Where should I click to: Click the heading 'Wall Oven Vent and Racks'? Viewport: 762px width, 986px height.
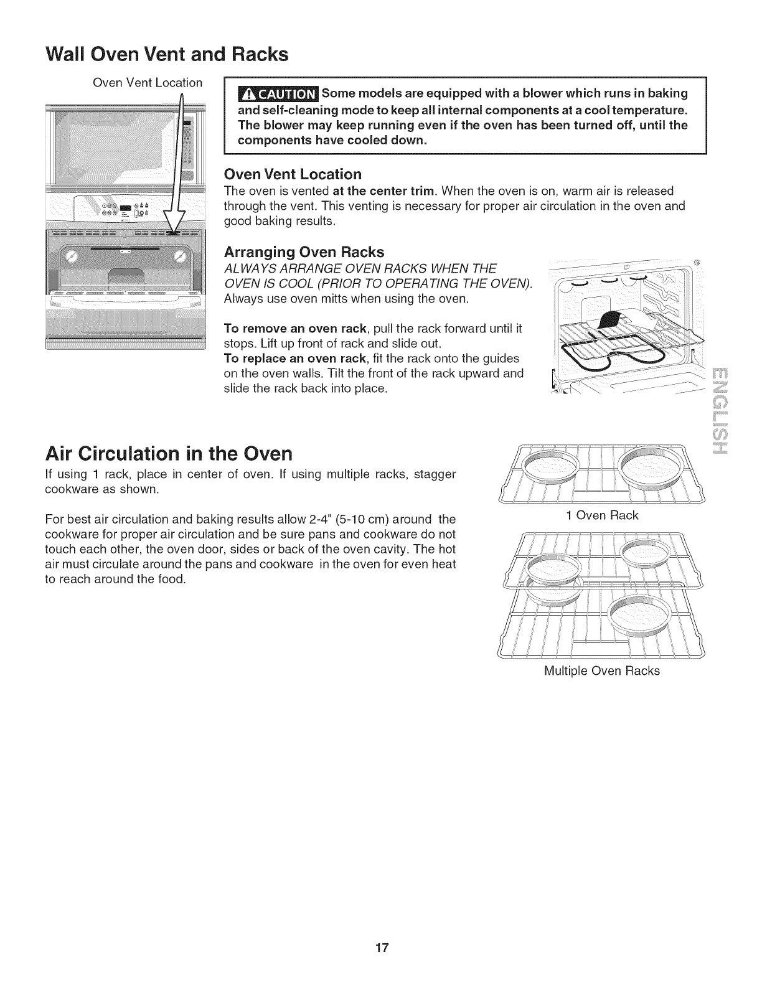pyautogui.click(x=167, y=54)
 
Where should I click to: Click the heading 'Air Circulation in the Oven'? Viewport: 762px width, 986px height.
pyautogui.click(x=169, y=452)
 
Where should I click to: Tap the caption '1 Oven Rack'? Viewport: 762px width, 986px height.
pyautogui.click(x=602, y=515)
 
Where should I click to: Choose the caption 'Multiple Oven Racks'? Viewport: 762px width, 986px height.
pyautogui.click(x=601, y=671)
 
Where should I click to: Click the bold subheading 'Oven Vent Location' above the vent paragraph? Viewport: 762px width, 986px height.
pyautogui.click(x=292, y=174)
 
